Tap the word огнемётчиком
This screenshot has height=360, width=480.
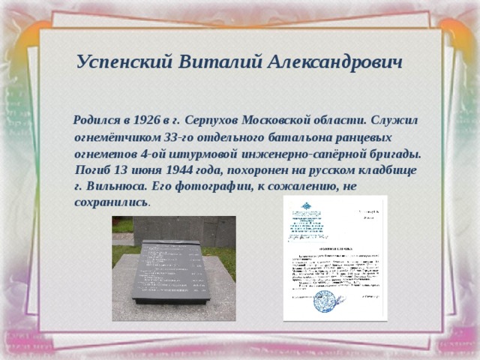[x=117, y=137]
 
